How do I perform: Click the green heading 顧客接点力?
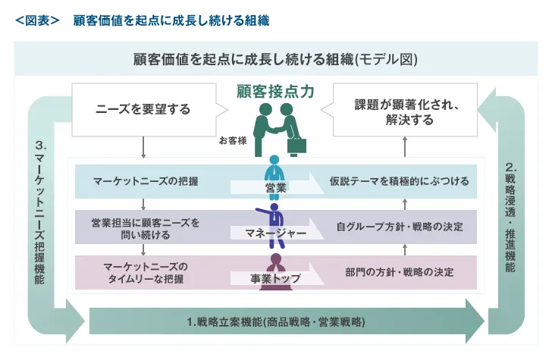pyautogui.click(x=275, y=92)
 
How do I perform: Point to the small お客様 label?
pyautogui.click(x=233, y=140)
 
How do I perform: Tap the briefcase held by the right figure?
pyautogui.click(x=296, y=145)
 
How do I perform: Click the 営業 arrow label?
pyautogui.click(x=275, y=187)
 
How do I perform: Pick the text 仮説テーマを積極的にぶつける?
pyautogui.click(x=399, y=182)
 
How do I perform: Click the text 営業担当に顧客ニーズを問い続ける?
pyautogui.click(x=145, y=229)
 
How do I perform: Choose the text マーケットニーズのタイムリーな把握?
pyautogui.click(x=144, y=272)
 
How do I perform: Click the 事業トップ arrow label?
pyautogui.click(x=275, y=279)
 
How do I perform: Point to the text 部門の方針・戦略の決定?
pyautogui.click(x=399, y=271)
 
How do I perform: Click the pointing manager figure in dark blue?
pyautogui.click(x=271, y=214)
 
